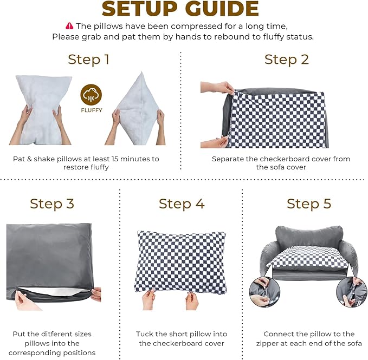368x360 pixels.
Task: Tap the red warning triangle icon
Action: [69, 26]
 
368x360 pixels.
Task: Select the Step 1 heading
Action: [88, 59]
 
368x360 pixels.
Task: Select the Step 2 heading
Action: [286, 59]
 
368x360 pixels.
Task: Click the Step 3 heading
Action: [52, 204]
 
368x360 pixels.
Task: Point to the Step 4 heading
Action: [182, 204]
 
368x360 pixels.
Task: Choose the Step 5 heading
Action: [309, 204]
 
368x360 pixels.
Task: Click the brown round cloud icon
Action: [91, 95]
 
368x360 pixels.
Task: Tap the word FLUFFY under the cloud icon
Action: [91, 111]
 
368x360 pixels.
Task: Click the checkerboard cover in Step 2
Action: [276, 119]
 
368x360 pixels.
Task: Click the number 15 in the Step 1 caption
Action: [112, 159]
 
